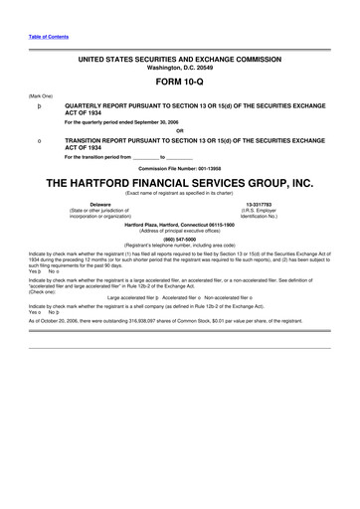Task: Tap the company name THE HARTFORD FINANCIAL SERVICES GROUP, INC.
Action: point(179,184)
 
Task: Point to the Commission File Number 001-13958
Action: point(179,167)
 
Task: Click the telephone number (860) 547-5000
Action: point(179,239)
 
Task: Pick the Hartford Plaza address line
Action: point(179,224)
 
